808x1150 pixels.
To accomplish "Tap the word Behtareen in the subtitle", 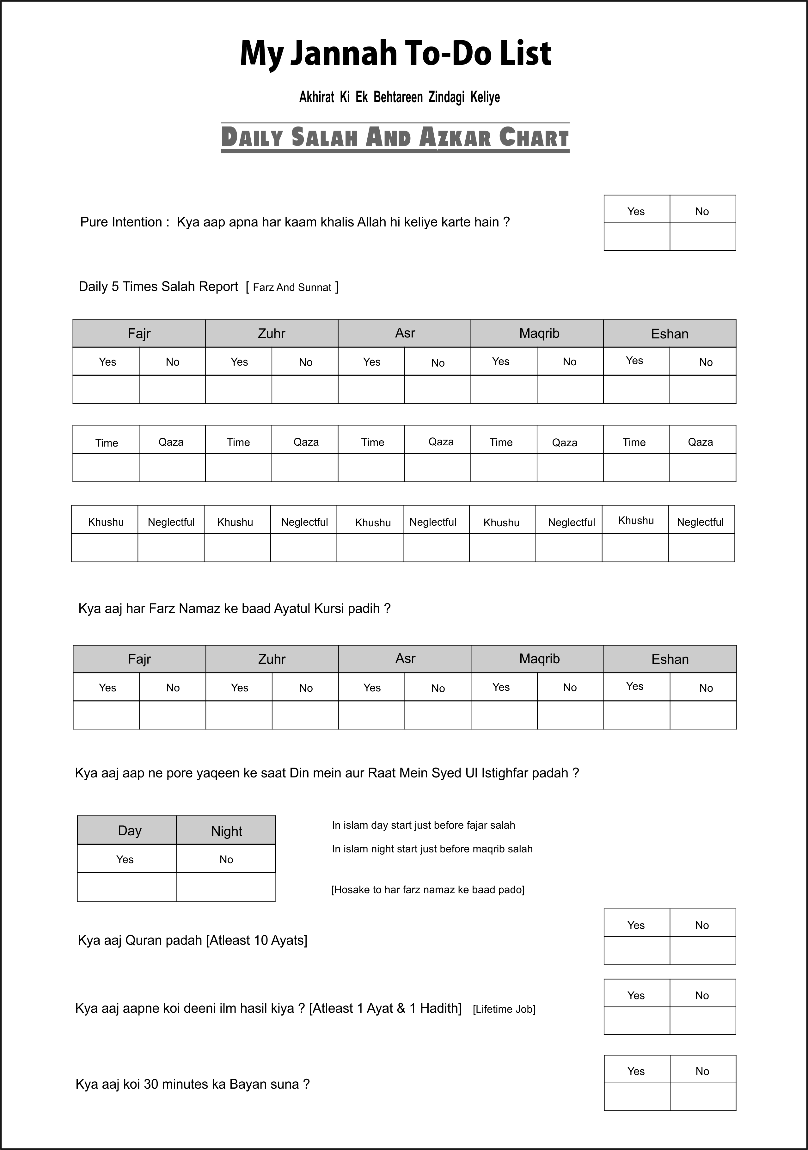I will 398,97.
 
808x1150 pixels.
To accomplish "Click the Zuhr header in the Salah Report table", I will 271,334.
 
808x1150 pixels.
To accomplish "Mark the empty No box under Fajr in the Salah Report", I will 172,389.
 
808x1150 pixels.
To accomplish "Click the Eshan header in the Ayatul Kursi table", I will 670,659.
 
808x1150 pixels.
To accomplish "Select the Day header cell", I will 129,831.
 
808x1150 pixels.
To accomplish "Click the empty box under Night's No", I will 226,887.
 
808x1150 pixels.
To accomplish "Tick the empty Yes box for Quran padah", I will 637,950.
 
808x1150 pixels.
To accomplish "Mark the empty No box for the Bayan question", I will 703,1097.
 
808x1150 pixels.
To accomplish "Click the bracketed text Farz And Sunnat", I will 292,287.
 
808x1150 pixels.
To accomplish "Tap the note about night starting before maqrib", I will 432,849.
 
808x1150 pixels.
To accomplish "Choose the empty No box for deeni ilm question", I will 703,1020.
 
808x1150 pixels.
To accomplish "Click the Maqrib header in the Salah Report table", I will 539,334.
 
